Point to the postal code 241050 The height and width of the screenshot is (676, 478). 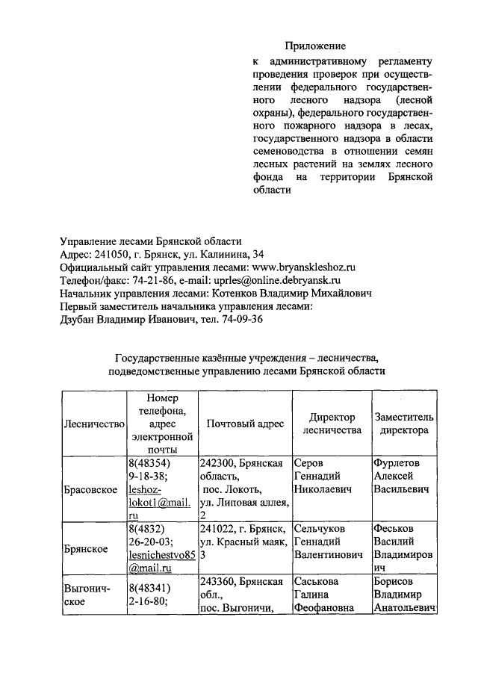pyautogui.click(x=108, y=254)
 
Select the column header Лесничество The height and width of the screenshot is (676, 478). pyautogui.click(x=93, y=424)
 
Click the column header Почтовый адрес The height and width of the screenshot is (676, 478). pyautogui.click(x=245, y=424)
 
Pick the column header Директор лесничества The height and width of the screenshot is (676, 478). pyautogui.click(x=332, y=424)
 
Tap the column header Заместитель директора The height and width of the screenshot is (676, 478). pyautogui.click(x=403, y=424)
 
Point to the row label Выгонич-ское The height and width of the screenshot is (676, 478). pyautogui.click(x=87, y=595)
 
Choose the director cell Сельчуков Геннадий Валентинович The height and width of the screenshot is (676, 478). pyautogui.click(x=329, y=542)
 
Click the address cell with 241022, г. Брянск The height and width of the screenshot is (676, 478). pyautogui.click(x=245, y=542)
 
